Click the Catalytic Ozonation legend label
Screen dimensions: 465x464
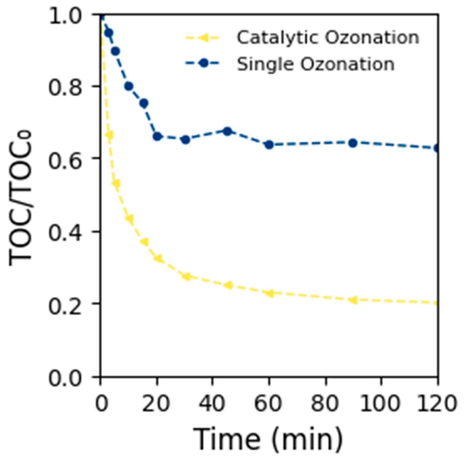328,37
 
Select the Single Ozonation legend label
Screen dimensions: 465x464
316,64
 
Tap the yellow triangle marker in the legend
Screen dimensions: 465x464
204,37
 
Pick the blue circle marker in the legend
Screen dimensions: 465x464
204,63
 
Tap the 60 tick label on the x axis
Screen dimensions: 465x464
268,403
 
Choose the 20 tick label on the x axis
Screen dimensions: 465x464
156,403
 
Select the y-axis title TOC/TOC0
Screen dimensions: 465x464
21,198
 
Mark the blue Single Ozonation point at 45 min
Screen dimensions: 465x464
228,131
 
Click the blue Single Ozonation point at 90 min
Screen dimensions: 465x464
353,143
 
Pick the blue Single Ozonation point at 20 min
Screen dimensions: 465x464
157,137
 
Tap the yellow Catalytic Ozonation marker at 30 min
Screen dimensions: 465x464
186,277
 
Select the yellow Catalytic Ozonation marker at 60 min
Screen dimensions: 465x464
270,293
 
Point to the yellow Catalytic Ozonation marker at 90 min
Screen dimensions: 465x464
353,300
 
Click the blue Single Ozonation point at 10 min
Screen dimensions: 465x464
129,86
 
